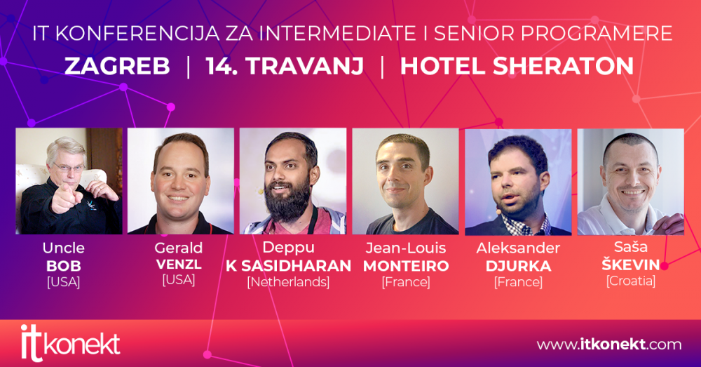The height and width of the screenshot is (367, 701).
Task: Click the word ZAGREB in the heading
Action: [x=117, y=66]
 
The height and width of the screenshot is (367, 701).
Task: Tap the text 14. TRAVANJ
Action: [x=285, y=66]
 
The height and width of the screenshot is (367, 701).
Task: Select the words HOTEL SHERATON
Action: [x=517, y=66]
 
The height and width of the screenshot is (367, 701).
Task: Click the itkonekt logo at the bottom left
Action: [x=70, y=343]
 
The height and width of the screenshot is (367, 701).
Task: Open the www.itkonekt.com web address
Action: [x=609, y=344]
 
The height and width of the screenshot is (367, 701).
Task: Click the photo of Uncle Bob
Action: [x=69, y=181]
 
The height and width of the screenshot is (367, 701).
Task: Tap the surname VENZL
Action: [x=179, y=265]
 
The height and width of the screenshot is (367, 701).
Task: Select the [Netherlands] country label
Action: [x=288, y=282]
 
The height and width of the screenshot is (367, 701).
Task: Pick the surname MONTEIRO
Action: [x=406, y=266]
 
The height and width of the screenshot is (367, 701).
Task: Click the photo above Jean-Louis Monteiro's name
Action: [x=405, y=181]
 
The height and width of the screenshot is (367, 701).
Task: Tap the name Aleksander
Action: [x=518, y=248]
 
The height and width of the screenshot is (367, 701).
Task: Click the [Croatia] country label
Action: [x=631, y=281]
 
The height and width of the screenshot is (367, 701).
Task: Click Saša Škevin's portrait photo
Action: [x=631, y=181]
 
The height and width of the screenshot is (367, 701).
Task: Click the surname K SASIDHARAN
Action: [x=288, y=266]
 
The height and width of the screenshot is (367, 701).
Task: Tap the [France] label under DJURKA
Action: [x=518, y=282]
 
